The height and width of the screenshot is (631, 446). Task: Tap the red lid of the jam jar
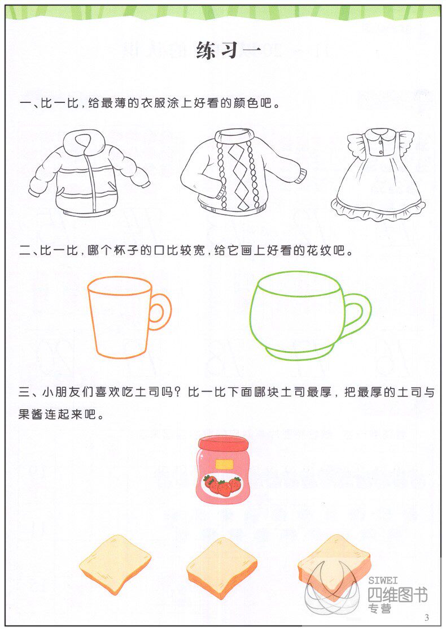pyautogui.click(x=222, y=444)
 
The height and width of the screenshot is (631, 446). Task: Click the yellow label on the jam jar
pyautogui.click(x=224, y=465)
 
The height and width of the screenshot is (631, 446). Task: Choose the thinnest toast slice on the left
pyautogui.click(x=115, y=563)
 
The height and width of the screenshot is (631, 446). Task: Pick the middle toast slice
pyautogui.click(x=221, y=567)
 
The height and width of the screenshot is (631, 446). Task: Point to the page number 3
pyautogui.click(x=426, y=617)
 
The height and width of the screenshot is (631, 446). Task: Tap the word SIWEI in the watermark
pyautogui.click(x=383, y=580)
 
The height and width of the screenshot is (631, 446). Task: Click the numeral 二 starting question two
pyautogui.click(x=25, y=252)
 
